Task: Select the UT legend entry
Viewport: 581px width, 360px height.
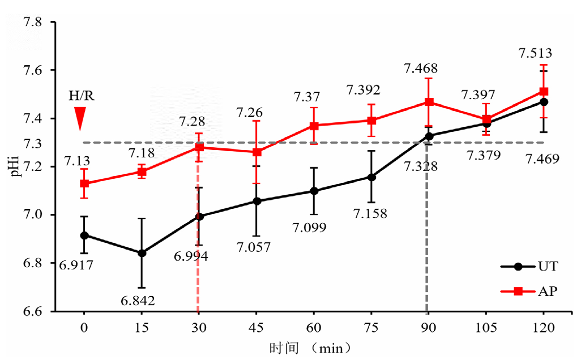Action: pyautogui.click(x=529, y=267)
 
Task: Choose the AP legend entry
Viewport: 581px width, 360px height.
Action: pyautogui.click(x=529, y=292)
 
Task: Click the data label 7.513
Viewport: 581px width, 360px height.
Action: pyautogui.click(x=535, y=54)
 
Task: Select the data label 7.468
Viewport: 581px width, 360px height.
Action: pyautogui.click(x=420, y=68)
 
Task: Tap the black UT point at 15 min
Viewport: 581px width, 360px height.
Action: pyautogui.click(x=142, y=253)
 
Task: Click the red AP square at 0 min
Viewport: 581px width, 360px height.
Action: pyautogui.click(x=84, y=183)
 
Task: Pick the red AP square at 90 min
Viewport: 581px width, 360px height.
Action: pyautogui.click(x=429, y=102)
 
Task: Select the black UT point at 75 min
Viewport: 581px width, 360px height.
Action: pyautogui.click(x=371, y=177)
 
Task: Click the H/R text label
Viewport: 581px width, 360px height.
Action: pyautogui.click(x=82, y=96)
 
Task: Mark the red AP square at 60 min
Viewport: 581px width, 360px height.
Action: pyautogui.click(x=314, y=126)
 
